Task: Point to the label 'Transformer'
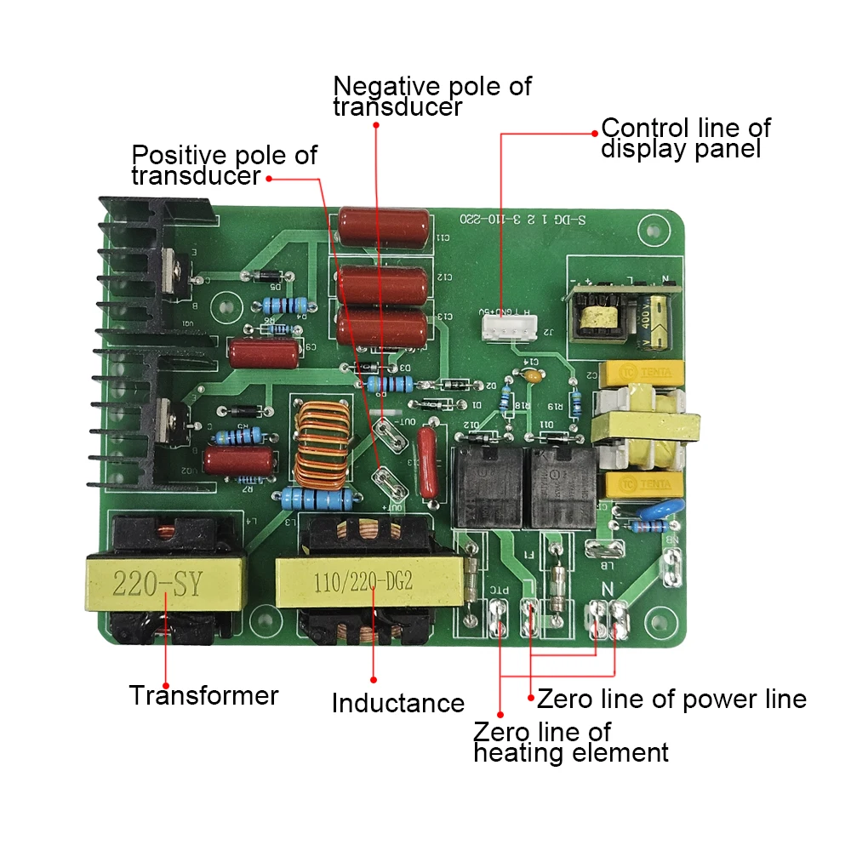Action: (203, 695)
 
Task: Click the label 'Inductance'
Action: (397, 704)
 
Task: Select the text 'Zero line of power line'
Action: (671, 699)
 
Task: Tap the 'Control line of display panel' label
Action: (685, 139)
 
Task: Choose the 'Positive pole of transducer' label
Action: (223, 166)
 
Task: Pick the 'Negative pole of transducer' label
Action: (431, 96)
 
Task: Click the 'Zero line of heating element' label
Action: (570, 742)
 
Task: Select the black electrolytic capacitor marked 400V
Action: (659, 318)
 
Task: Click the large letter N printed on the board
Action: (608, 587)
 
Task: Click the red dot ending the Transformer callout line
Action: (166, 686)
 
